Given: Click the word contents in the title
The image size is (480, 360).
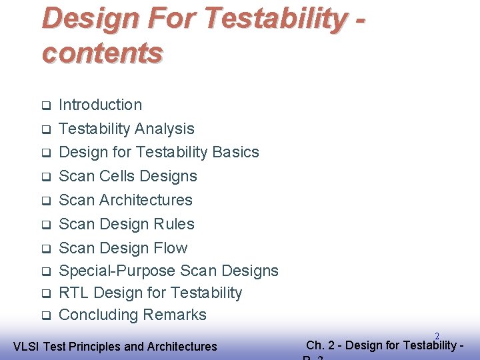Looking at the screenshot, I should tap(102, 52).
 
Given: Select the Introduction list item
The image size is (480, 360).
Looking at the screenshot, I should tap(100, 105).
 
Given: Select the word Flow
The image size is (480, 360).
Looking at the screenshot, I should tap(170, 248).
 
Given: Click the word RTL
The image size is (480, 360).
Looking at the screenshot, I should tap(74, 293).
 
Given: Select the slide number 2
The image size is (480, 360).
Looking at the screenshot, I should tap(437, 337).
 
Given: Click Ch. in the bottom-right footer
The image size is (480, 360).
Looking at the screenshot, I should tap(315, 345).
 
